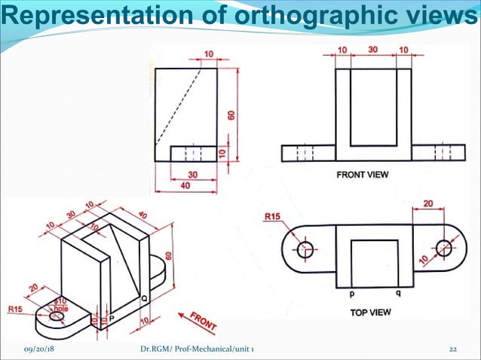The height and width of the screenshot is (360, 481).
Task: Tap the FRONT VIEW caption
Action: [363, 175]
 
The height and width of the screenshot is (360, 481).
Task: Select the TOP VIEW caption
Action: [370, 311]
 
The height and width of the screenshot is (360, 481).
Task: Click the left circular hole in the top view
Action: [305, 248]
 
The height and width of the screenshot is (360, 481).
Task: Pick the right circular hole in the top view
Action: [443, 247]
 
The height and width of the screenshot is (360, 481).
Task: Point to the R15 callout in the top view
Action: [274, 218]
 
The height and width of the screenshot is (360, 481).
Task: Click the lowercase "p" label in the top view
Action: [351, 294]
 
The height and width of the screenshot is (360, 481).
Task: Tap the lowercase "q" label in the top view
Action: [397, 294]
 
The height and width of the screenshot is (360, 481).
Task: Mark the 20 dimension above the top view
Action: [427, 204]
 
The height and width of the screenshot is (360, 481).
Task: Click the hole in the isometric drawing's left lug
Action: [57, 316]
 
